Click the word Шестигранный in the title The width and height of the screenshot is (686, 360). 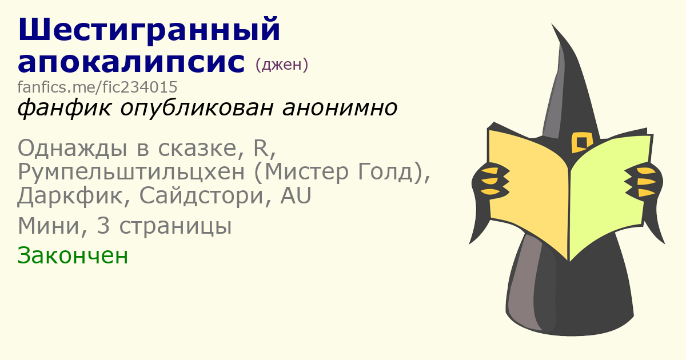149,30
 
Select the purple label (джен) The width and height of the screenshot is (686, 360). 282,64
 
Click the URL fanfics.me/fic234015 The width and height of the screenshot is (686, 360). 97,87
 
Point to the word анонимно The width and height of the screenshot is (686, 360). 340,108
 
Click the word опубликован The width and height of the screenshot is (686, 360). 197,109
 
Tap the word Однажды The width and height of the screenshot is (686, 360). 73,149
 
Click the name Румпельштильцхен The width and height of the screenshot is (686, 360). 131,173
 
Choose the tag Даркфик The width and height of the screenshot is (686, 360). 70,196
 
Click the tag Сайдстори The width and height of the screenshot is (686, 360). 201,196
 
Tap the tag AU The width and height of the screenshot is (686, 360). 296,195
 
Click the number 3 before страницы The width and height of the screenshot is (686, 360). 103,226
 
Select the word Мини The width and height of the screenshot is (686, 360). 49,226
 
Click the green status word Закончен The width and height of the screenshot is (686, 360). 73,255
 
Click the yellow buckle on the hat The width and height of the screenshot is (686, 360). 582,142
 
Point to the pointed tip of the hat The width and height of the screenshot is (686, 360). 552,24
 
